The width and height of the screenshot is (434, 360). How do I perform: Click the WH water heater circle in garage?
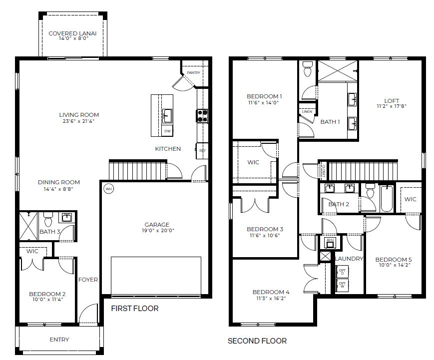click(x=109, y=189)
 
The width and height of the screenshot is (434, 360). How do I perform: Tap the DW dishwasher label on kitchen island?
click(x=167, y=131)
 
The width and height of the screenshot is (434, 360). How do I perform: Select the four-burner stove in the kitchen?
click(x=202, y=116)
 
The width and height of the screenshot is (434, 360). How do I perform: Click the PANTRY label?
click(x=193, y=72)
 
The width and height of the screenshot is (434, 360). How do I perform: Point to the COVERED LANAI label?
click(x=72, y=33)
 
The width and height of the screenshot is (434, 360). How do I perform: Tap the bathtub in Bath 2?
click(x=387, y=199)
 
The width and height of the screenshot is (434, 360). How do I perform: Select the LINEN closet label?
click(x=307, y=111)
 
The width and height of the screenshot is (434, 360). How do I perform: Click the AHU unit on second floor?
click(x=330, y=242)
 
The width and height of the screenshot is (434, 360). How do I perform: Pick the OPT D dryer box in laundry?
click(x=342, y=272)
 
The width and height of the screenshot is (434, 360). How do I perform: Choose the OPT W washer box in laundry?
click(x=342, y=285)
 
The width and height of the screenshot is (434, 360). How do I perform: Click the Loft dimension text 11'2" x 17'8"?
click(x=392, y=106)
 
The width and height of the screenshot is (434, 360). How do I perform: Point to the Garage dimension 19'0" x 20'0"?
click(x=158, y=230)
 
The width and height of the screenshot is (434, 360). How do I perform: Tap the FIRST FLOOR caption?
click(x=135, y=309)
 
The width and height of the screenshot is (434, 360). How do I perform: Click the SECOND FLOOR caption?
click(x=257, y=341)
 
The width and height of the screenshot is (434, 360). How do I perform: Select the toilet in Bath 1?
click(x=308, y=69)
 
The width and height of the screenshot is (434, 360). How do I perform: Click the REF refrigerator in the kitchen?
click(x=202, y=151)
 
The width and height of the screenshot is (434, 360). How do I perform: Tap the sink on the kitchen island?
click(x=167, y=116)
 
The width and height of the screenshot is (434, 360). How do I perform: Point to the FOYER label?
click(x=88, y=280)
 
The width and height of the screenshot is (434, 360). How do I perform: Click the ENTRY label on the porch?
click(x=59, y=340)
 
